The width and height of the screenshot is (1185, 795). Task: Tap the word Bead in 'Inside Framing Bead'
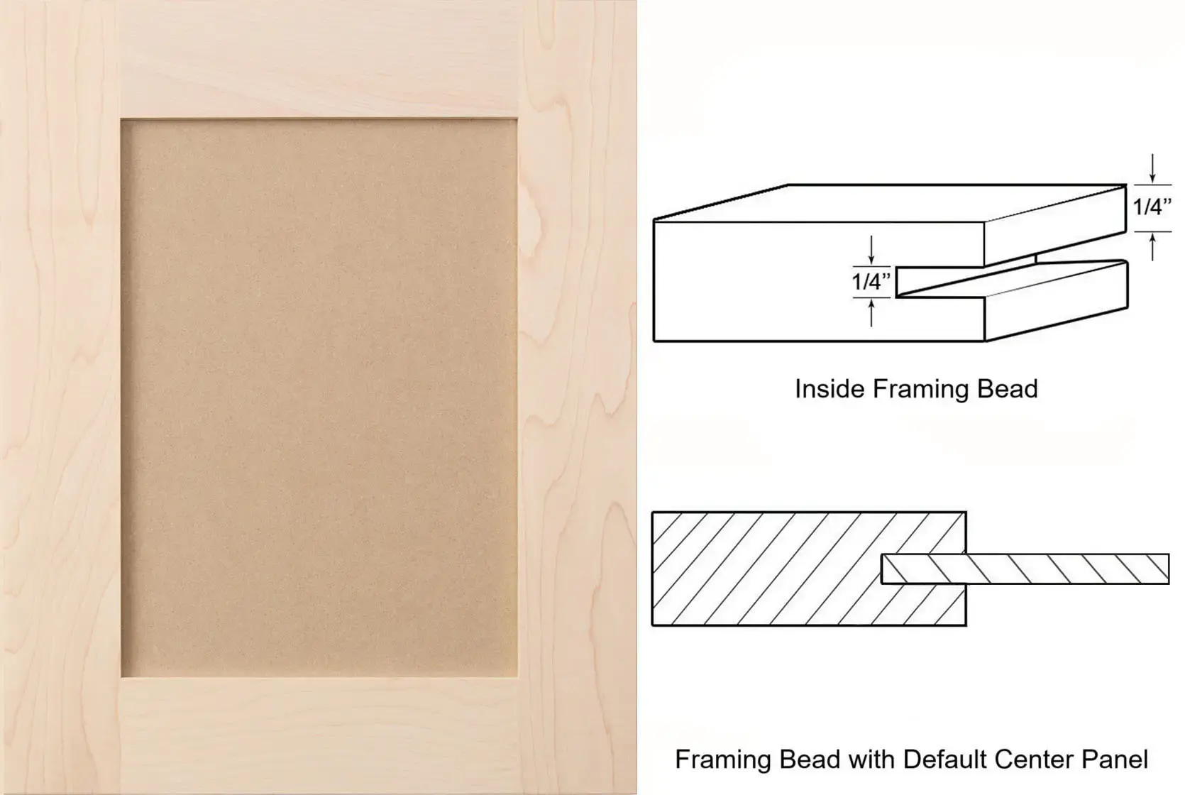coord(1008,389)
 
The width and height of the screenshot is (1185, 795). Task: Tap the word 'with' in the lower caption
coord(872,760)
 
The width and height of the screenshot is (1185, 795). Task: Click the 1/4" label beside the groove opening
coord(871,282)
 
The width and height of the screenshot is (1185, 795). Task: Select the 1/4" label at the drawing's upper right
coord(1152,207)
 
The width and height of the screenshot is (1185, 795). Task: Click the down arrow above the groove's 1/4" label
coord(871,251)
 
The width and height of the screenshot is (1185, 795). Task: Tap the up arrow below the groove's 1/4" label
coord(871,313)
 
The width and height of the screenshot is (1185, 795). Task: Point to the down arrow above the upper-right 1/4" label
coord(1152,168)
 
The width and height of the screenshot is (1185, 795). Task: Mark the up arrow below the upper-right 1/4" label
coord(1152,247)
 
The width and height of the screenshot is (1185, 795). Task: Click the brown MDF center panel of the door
coord(319,397)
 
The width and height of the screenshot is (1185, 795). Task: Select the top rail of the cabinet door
coord(319,60)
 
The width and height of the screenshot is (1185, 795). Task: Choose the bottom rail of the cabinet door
coord(319,735)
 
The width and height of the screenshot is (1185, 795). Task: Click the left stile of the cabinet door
coord(60,397)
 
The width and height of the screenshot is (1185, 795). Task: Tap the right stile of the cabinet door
coord(577,397)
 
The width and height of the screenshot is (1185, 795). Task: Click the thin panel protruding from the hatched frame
coord(1025,569)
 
